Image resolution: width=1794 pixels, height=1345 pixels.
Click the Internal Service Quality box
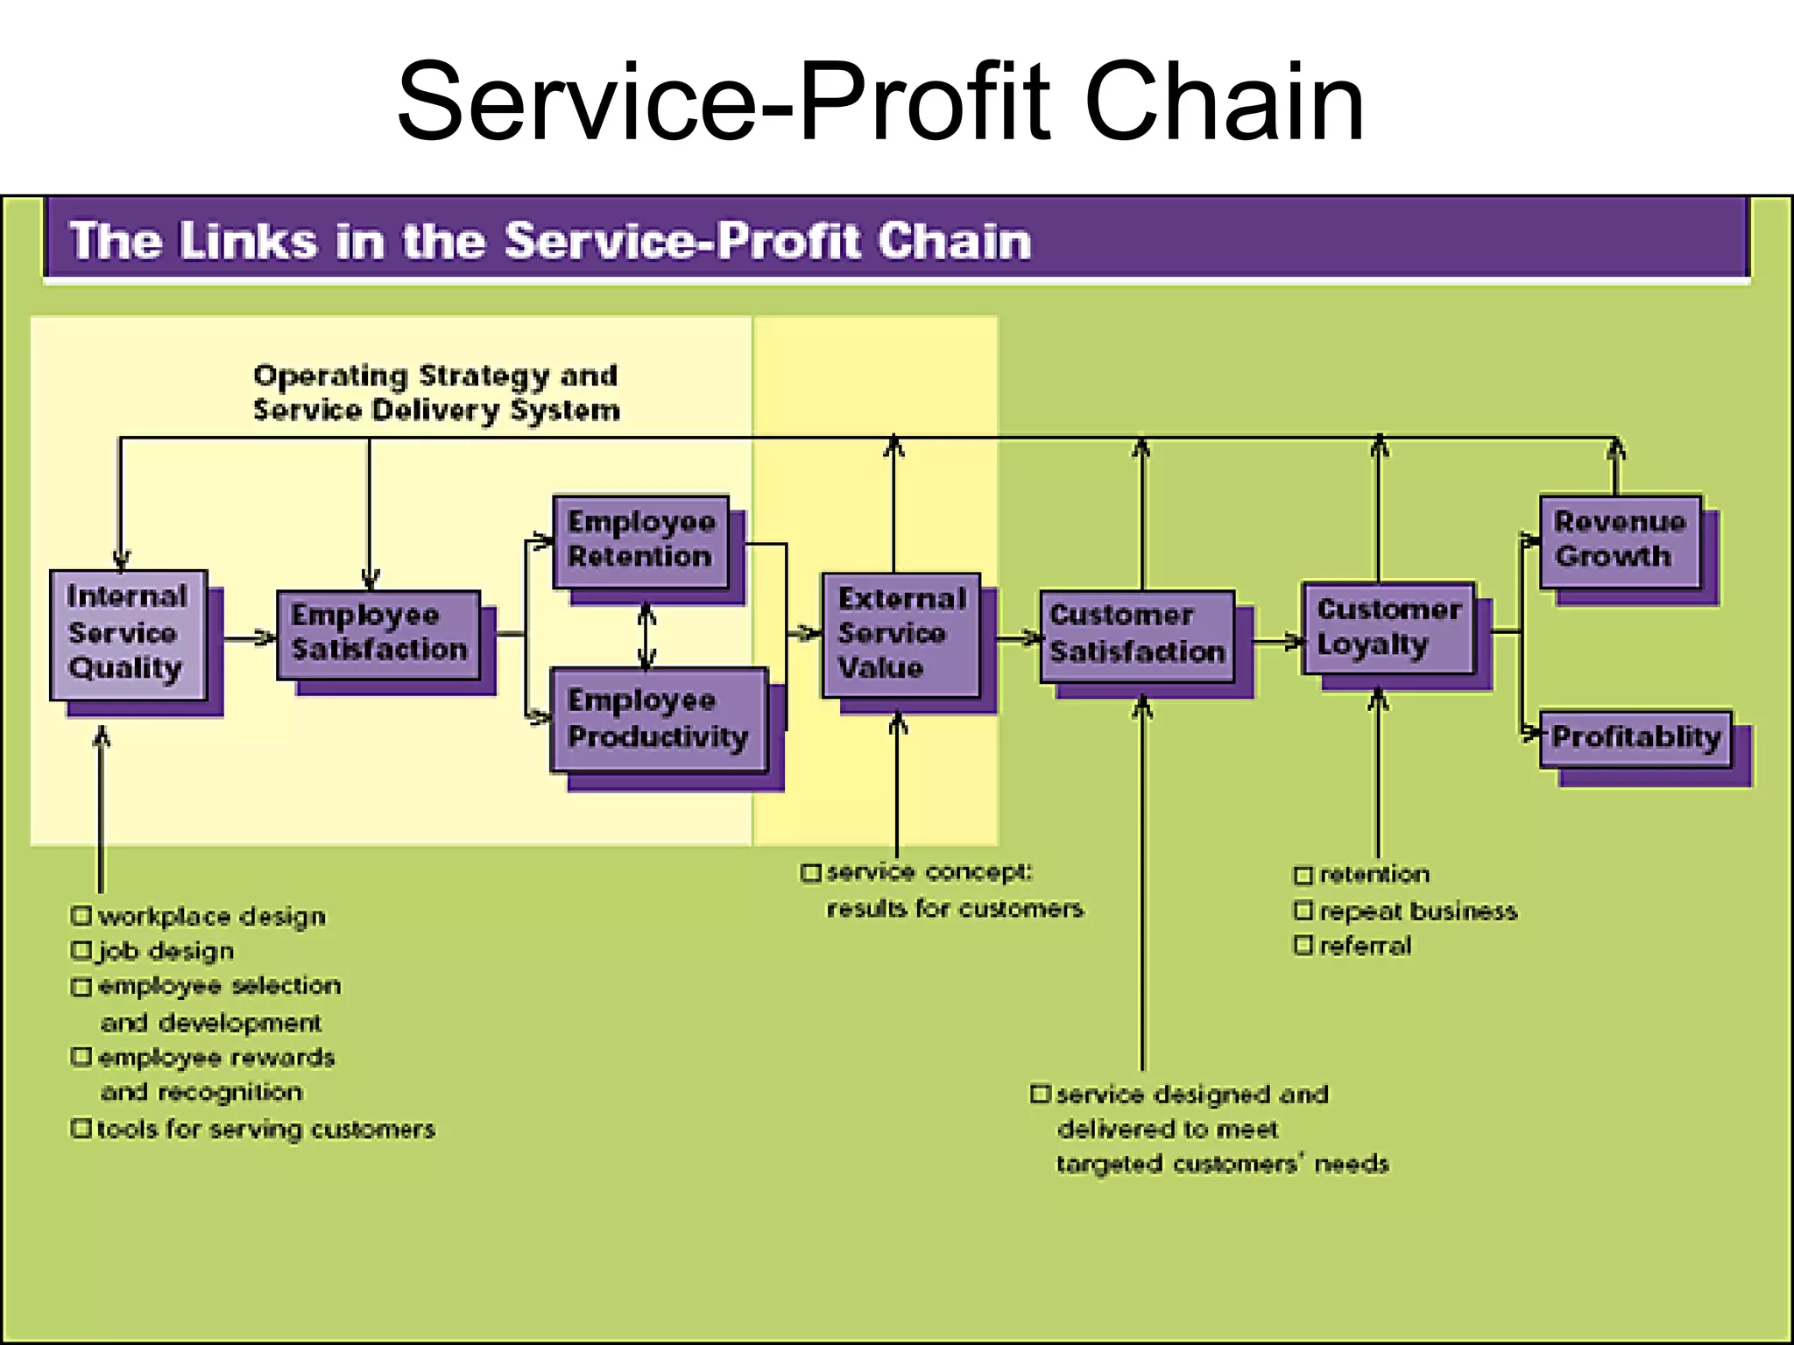tap(128, 634)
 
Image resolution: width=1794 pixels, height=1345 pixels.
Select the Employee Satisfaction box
tap(378, 634)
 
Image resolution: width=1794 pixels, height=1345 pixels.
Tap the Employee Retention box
tap(640, 540)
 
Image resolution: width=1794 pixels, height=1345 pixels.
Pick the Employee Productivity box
tap(658, 719)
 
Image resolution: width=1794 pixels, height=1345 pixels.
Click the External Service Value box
tap(901, 634)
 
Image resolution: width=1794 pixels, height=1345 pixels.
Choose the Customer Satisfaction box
tap(1137, 635)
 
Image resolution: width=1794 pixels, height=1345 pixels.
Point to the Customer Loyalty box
tap(1388, 628)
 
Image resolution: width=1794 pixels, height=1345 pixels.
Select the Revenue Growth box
tap(1620, 540)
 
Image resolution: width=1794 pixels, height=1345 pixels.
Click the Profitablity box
tap(1635, 737)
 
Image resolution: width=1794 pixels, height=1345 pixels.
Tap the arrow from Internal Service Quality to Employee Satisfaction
tap(250, 638)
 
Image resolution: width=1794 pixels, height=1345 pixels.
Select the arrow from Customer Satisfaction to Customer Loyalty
tap(1277, 642)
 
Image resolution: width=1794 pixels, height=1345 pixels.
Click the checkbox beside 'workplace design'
tap(81, 916)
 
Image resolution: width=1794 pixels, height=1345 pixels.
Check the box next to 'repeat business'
tap(1303, 911)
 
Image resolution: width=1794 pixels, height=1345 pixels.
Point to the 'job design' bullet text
tap(166, 951)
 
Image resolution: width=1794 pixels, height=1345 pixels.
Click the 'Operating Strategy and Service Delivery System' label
tap(435, 393)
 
